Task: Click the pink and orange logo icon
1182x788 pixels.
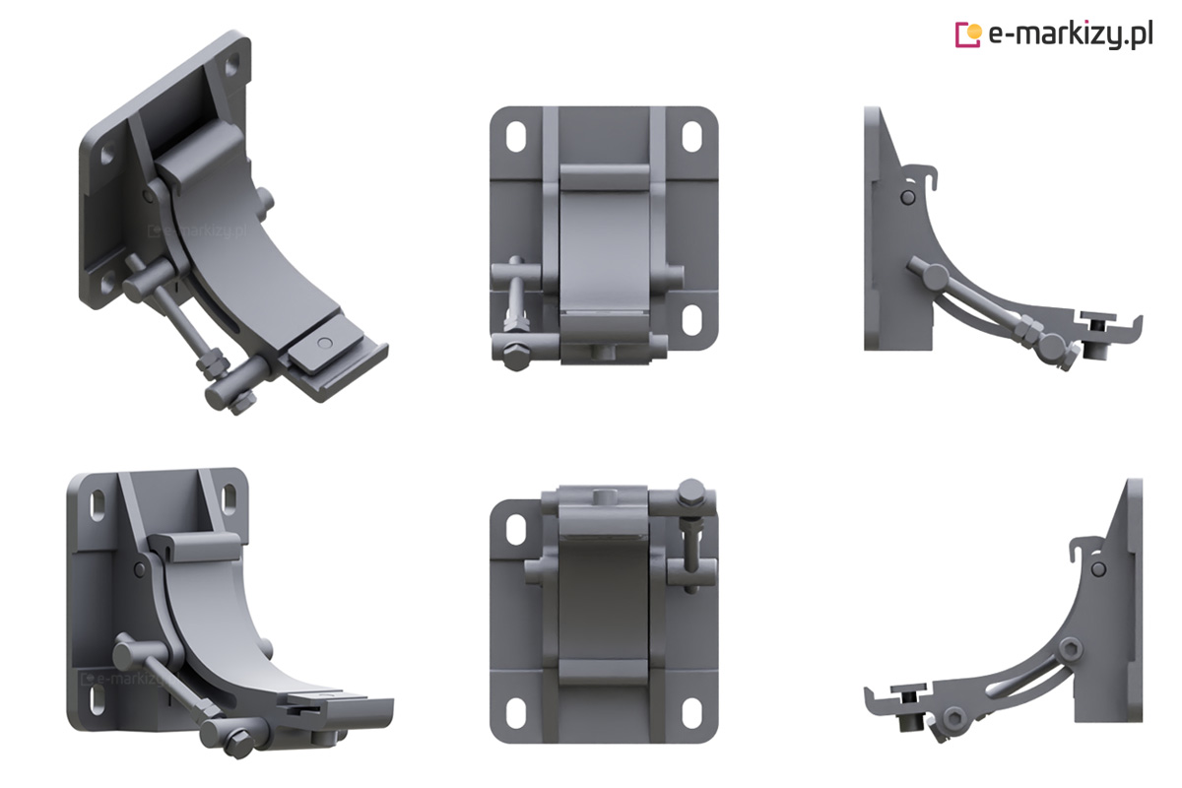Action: click(968, 34)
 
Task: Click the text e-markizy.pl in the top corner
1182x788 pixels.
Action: click(1071, 34)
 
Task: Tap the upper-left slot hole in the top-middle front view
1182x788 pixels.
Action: click(516, 137)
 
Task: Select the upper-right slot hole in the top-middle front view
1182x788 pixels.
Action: click(691, 137)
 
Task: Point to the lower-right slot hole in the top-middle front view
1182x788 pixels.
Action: click(691, 319)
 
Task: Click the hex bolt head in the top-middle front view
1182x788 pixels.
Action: click(514, 357)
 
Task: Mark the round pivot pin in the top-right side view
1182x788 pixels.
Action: click(907, 198)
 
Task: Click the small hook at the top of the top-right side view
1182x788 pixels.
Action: click(925, 177)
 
